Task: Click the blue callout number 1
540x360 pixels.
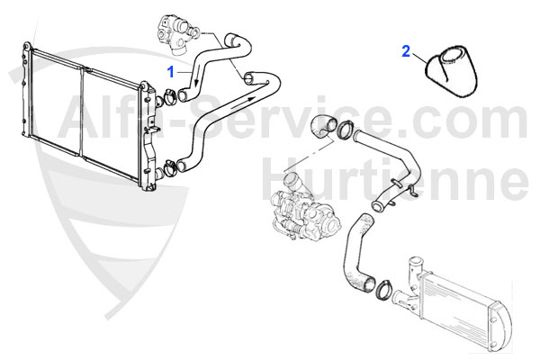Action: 171,72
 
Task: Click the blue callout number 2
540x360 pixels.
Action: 407,51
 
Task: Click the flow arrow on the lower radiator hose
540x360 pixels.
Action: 243,103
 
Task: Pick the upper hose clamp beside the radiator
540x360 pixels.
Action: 169,96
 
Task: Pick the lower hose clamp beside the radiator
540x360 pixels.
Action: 170,166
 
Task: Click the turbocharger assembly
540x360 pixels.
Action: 304,211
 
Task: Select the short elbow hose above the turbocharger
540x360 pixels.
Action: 323,126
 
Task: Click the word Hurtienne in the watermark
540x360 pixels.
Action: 395,180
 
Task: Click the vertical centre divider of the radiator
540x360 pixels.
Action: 82,113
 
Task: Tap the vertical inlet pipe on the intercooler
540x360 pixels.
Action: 413,272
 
